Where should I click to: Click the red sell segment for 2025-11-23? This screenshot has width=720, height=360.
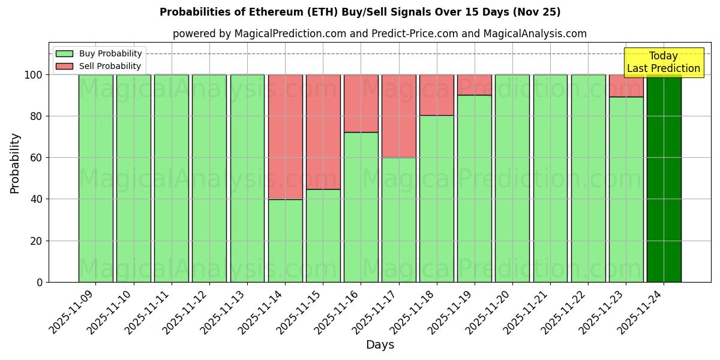[626, 86]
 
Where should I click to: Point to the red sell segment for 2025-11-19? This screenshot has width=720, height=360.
[475, 85]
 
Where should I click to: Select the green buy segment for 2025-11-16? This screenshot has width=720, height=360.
[361, 207]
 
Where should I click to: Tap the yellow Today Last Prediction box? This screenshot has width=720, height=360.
[663, 62]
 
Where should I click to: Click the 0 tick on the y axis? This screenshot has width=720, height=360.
[40, 282]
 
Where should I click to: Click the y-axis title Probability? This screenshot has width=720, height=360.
[15, 163]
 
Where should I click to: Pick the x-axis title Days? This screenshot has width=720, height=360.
[380, 345]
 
